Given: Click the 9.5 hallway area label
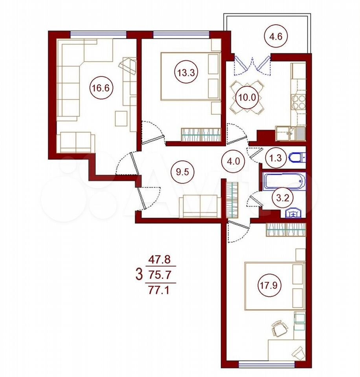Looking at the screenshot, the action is click(182, 172).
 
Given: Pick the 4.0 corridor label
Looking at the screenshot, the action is click(234, 161).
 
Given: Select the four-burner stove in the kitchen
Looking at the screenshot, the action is click(298, 102).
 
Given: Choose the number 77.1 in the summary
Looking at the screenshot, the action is click(159, 290).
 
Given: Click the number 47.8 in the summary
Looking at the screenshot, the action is click(159, 260).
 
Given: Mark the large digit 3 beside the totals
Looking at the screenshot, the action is click(139, 275).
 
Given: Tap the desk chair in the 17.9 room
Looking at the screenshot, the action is click(279, 328).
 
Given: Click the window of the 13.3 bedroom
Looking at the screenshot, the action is click(181, 35).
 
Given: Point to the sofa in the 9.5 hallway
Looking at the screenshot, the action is click(200, 206).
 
